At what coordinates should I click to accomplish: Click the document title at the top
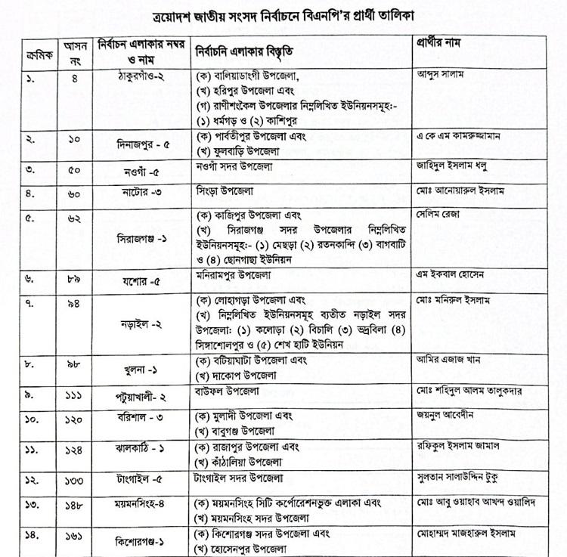(284, 14)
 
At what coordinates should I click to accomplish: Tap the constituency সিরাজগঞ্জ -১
(136, 237)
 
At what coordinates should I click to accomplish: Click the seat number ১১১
(73, 395)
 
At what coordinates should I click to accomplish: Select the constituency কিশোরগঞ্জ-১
(136, 542)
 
